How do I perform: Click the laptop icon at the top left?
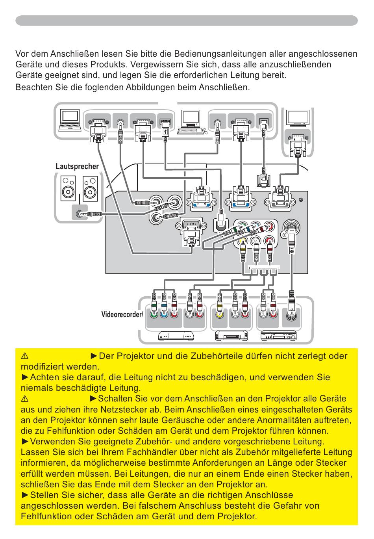click(x=70, y=121)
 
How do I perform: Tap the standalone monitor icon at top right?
click(x=298, y=118)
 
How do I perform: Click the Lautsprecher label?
click(x=77, y=166)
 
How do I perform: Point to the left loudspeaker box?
click(x=68, y=188)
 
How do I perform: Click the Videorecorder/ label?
click(x=122, y=314)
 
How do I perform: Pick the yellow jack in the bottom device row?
click(x=219, y=314)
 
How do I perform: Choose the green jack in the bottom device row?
click(x=154, y=314)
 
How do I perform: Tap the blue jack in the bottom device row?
click(x=164, y=314)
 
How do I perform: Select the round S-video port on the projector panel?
click(x=291, y=227)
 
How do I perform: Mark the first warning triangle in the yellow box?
click(x=25, y=356)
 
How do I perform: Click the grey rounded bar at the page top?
click(x=187, y=20)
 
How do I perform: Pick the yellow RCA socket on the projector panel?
click(x=243, y=240)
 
